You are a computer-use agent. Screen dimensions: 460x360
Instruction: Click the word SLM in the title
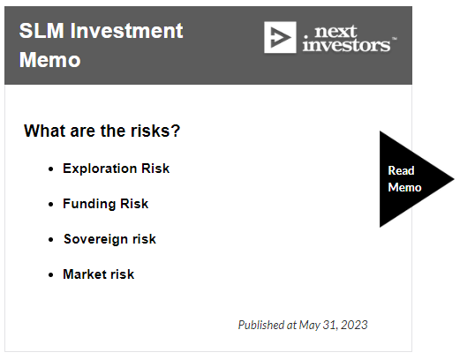coord(41,31)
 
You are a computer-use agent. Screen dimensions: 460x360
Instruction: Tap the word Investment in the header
coord(126,31)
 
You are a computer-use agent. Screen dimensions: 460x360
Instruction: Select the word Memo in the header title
coord(49,60)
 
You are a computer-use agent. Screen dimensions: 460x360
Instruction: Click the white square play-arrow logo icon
coord(280,37)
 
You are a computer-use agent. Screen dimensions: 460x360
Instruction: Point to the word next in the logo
coord(336,32)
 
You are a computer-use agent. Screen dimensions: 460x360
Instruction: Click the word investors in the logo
coord(346,45)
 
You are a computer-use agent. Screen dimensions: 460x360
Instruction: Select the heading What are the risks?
coord(102,131)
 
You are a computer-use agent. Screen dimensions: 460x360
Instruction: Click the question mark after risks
coord(176,131)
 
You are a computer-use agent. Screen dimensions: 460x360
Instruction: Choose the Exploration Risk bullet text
coord(117,169)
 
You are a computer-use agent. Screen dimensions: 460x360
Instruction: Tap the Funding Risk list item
coord(106,204)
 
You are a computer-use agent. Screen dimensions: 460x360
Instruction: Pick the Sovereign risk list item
coord(109,239)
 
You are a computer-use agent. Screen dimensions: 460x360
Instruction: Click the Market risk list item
coord(99,274)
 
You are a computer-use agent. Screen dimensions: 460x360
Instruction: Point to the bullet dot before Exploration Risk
coord(51,169)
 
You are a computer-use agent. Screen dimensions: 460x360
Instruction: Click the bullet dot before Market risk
coord(51,275)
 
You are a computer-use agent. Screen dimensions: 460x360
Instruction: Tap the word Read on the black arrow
coord(401,170)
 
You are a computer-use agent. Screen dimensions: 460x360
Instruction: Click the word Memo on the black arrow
coord(404,187)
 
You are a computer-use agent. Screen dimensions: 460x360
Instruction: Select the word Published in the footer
coord(261,325)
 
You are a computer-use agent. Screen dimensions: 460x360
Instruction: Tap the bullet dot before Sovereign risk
coord(51,240)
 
